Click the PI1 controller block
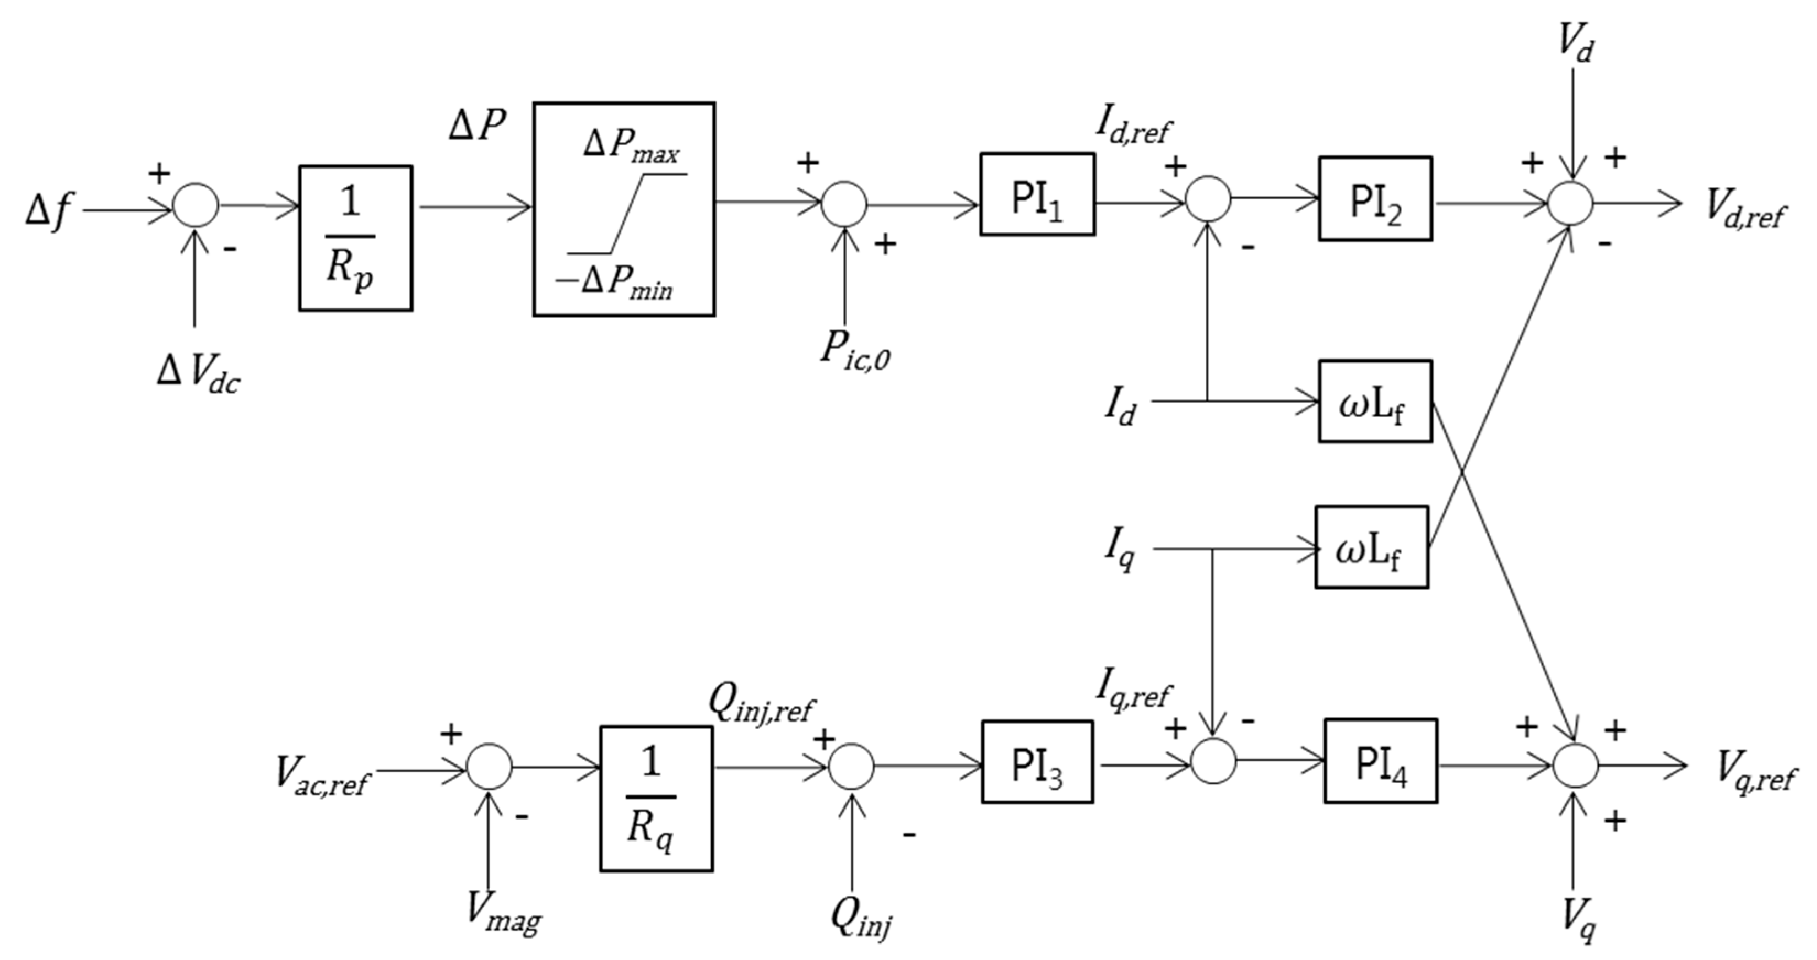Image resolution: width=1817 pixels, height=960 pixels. pos(1037,194)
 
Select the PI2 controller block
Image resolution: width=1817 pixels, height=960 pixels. pos(1375,199)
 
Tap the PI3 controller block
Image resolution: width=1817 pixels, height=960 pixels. pos(1037,762)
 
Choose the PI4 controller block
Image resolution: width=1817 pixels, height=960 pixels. pos(1380,761)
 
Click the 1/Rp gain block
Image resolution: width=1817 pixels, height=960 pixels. pos(355,238)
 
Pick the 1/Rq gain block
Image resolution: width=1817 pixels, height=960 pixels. pos(656,799)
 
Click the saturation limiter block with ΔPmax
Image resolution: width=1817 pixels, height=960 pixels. pos(623,209)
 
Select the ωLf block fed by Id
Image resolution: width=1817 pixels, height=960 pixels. pos(1375,402)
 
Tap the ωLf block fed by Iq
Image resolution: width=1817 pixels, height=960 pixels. pos(1371,547)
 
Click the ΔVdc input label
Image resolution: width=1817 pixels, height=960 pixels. pos(198,375)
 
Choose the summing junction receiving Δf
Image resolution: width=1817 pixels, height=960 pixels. pos(196,205)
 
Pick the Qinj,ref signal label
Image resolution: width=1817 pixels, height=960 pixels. pos(762,706)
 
